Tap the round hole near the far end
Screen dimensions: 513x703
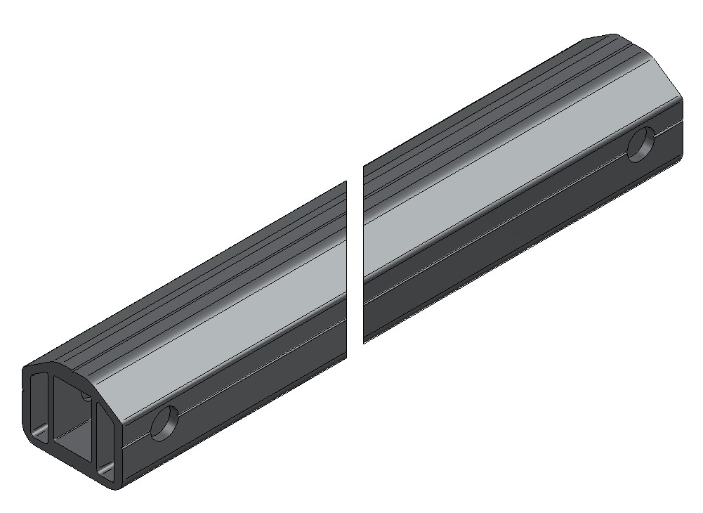[641, 145]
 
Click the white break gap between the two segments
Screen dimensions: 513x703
[355, 260]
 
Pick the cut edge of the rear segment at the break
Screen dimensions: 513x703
[364, 253]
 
